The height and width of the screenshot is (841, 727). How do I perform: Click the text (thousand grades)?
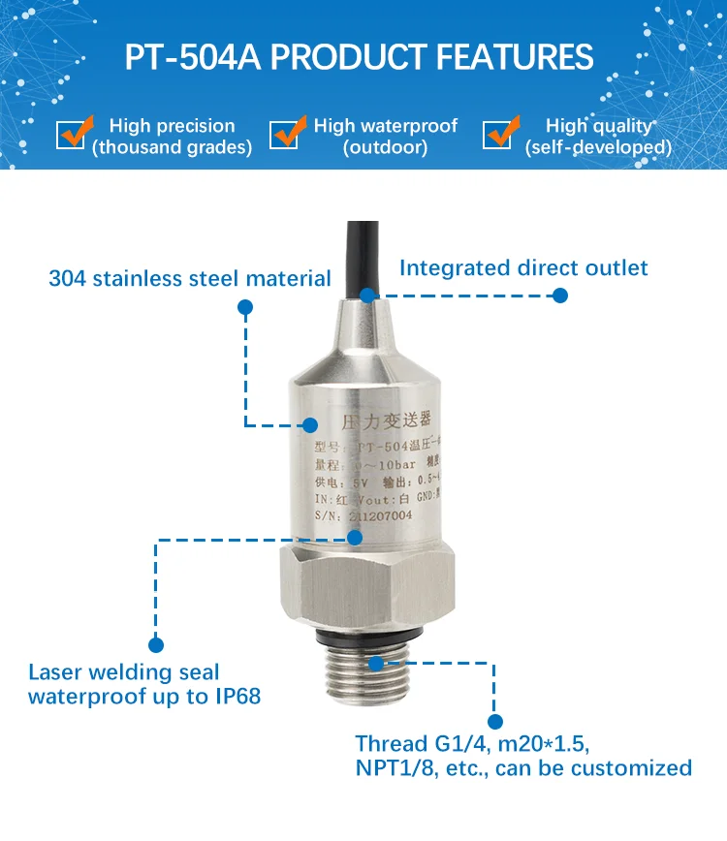pos(172,147)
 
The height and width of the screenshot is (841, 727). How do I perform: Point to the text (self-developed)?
pos(598,147)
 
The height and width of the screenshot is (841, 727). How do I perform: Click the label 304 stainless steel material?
pos(190,279)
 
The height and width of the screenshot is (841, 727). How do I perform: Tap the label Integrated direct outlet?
pos(523,267)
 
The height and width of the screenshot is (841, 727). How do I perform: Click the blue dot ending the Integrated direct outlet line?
pos(559,296)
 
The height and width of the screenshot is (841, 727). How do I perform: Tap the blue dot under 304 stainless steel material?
pos(245,307)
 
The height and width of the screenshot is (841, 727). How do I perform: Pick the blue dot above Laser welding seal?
pos(156,644)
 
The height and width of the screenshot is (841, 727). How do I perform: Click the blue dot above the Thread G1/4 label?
pos(495,722)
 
